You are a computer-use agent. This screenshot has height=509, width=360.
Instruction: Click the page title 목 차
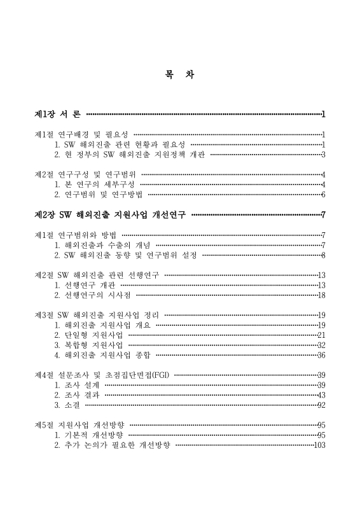click(x=179, y=74)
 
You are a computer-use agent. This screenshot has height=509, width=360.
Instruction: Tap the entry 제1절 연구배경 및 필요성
click(x=81, y=135)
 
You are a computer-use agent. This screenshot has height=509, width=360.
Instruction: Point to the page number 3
click(x=323, y=154)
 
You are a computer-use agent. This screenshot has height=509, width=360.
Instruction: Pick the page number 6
click(x=323, y=195)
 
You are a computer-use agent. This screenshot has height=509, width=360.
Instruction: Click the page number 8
click(x=323, y=255)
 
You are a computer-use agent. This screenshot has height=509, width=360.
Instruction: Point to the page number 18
click(x=321, y=295)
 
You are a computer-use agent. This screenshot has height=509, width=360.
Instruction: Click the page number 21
click(x=321, y=335)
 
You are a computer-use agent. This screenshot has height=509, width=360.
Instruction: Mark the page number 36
click(x=321, y=355)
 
